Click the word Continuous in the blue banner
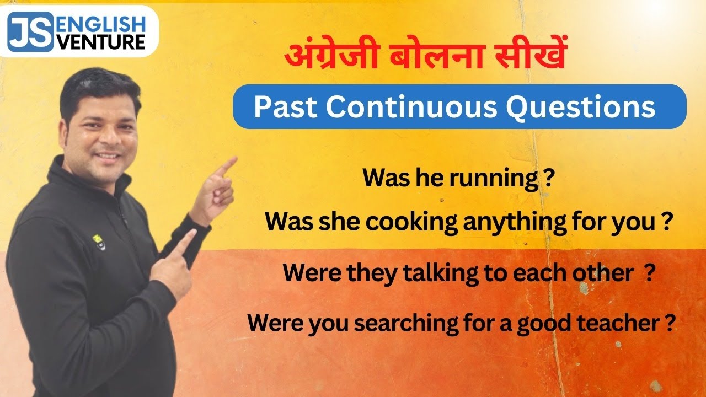coord(411,108)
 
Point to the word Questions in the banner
coord(581,108)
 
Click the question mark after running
coord(548,179)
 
